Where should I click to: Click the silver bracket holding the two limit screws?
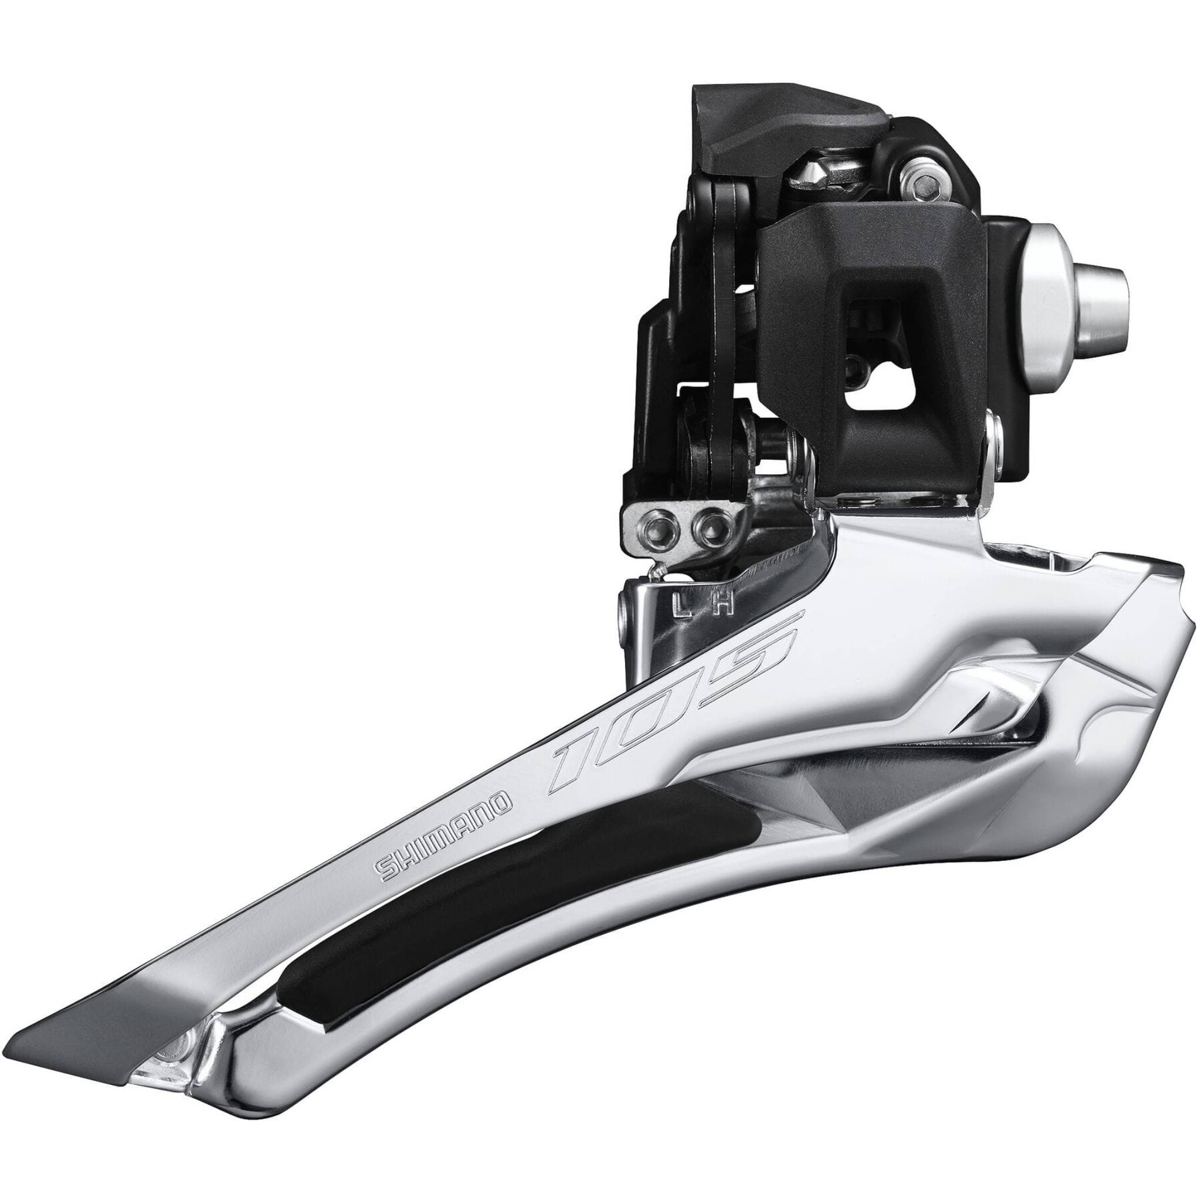pyautogui.click(x=677, y=516)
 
